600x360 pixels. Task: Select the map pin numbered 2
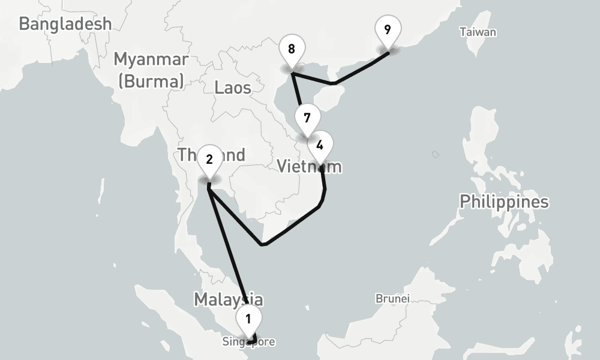click(x=209, y=159)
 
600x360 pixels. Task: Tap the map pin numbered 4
click(x=320, y=145)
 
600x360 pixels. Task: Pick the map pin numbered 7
click(x=307, y=118)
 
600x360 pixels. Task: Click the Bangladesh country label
click(x=65, y=24)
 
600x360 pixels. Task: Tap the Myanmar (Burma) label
click(x=151, y=70)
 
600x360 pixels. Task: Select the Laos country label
click(x=232, y=88)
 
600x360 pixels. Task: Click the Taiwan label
click(x=478, y=32)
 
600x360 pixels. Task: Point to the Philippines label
click(x=504, y=202)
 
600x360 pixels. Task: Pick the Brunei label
click(x=392, y=298)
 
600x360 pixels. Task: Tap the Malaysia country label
click(x=228, y=299)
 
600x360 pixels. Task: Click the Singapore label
click(x=248, y=342)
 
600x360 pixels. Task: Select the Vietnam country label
click(x=309, y=166)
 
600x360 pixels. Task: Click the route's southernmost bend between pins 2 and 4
click(x=262, y=244)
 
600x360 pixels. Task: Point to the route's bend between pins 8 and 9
click(x=334, y=82)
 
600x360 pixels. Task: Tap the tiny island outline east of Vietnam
click(x=436, y=155)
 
